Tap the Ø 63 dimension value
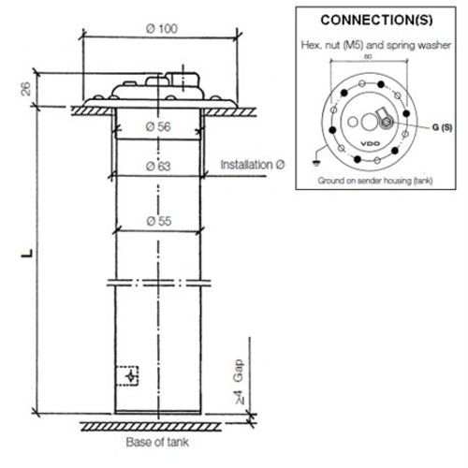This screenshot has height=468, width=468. (x=158, y=167)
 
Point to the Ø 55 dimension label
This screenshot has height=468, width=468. (x=158, y=220)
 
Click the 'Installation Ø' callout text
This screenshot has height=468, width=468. (x=251, y=165)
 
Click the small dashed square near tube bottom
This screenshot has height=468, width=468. (x=131, y=375)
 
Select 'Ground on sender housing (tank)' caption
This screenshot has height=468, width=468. (x=374, y=178)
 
